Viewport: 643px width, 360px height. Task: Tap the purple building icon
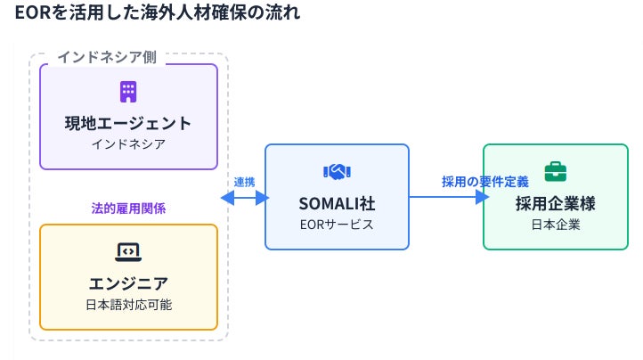coord(128,91)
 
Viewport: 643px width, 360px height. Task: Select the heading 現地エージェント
coord(128,122)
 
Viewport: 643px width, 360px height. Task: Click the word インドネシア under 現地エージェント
coord(128,143)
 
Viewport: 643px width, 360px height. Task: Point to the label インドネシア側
coord(107,57)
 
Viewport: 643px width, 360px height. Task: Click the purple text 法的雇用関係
coord(128,208)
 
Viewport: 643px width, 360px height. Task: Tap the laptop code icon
coord(128,251)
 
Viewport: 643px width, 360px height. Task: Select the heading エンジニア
coord(128,283)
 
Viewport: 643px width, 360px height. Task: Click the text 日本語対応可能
coord(128,304)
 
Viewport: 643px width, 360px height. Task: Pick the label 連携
coord(244,182)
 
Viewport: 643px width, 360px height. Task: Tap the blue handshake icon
coord(337,172)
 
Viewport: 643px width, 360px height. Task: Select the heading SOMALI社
coord(337,203)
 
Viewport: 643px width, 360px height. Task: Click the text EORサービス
coord(337,225)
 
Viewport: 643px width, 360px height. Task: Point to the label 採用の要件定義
coord(484,182)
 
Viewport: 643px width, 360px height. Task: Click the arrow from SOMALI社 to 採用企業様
coord(445,197)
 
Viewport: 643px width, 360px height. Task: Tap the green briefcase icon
coord(555,172)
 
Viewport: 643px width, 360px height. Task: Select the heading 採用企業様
coord(555,203)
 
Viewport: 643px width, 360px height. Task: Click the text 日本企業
coord(555,225)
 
